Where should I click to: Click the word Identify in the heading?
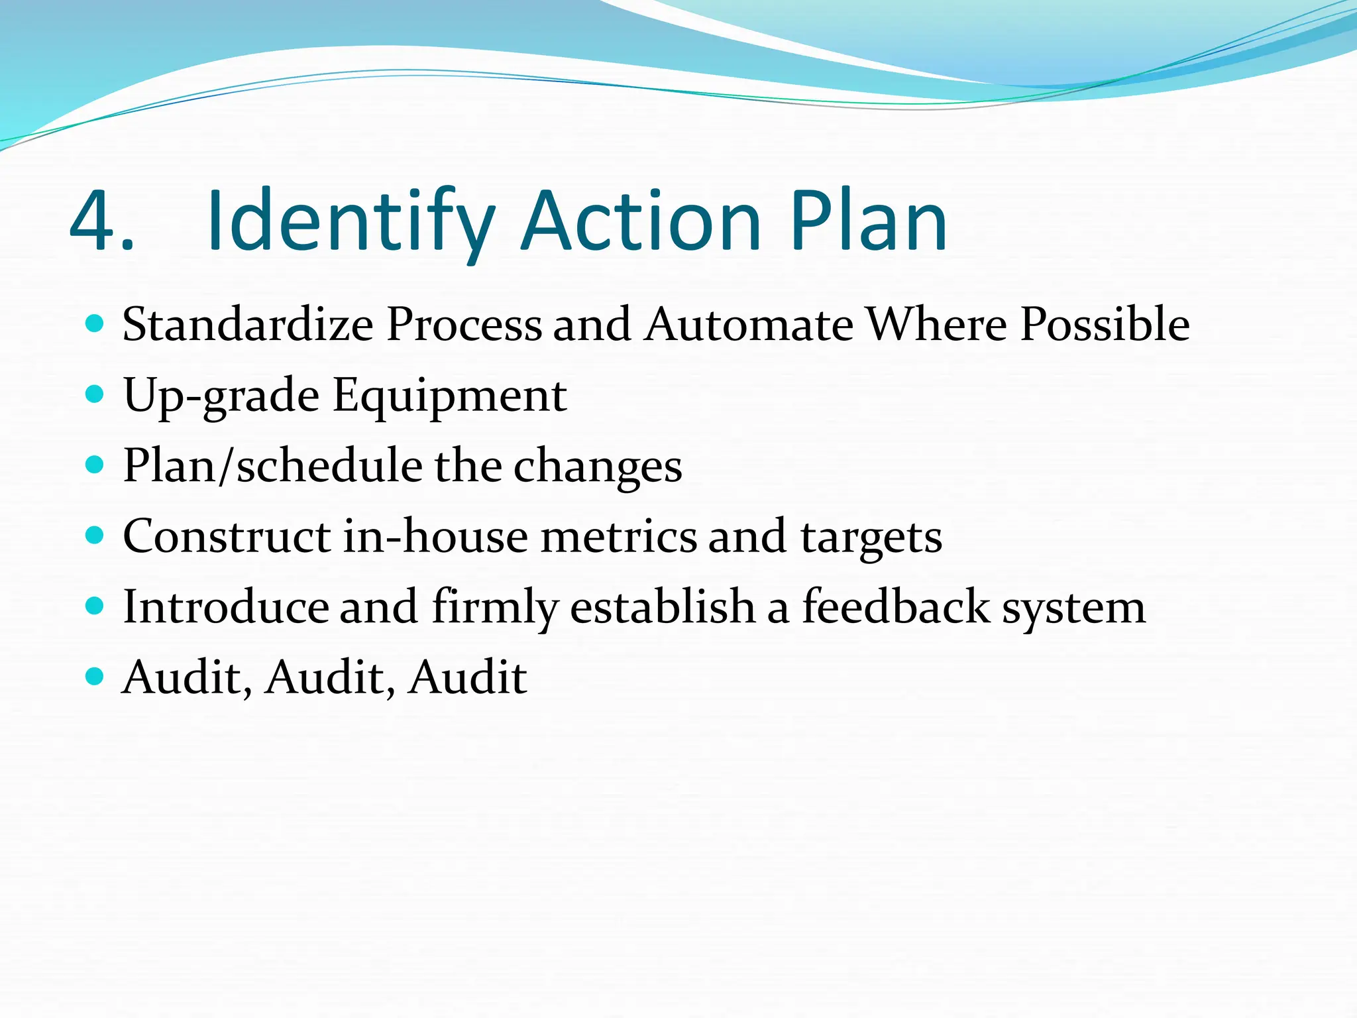350,222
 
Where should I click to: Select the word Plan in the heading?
868,222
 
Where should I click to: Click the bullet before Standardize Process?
95,324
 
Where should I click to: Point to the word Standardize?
248,325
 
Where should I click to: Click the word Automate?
749,325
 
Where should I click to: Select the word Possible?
1105,325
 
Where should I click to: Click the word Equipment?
449,396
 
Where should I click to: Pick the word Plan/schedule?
272,466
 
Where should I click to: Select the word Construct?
227,536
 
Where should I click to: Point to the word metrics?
619,536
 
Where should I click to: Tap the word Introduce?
225,607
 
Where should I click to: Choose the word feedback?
896,607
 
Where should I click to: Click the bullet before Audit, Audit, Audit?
95,677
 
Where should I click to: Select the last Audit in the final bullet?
468,677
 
